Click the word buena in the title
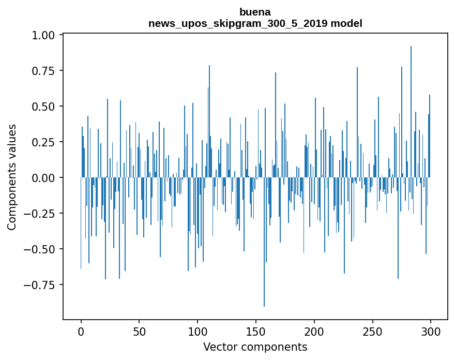255,12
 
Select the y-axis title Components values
12,177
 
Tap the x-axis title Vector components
255,347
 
